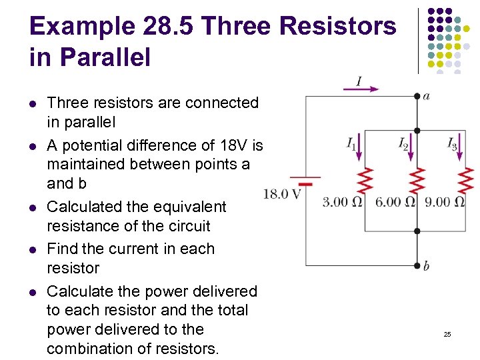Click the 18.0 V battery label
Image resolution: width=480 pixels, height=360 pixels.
coord(283,195)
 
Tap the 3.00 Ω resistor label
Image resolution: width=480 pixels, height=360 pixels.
coord(343,202)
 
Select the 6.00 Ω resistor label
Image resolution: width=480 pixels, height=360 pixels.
coord(395,202)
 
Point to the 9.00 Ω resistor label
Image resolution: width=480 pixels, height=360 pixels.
coord(445,202)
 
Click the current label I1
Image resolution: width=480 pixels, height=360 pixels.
coord(351,143)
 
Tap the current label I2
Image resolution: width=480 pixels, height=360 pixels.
coord(403,143)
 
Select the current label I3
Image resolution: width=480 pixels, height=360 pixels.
coord(453,143)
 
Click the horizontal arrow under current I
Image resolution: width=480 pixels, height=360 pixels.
coord(361,89)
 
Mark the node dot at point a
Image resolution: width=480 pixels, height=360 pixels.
coord(417,96)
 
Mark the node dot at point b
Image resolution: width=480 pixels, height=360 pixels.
coord(417,265)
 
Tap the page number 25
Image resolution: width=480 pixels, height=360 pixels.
coord(447,333)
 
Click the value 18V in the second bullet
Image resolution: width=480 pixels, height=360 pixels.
coord(231,145)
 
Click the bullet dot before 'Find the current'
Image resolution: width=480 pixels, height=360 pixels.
coord(32,249)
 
